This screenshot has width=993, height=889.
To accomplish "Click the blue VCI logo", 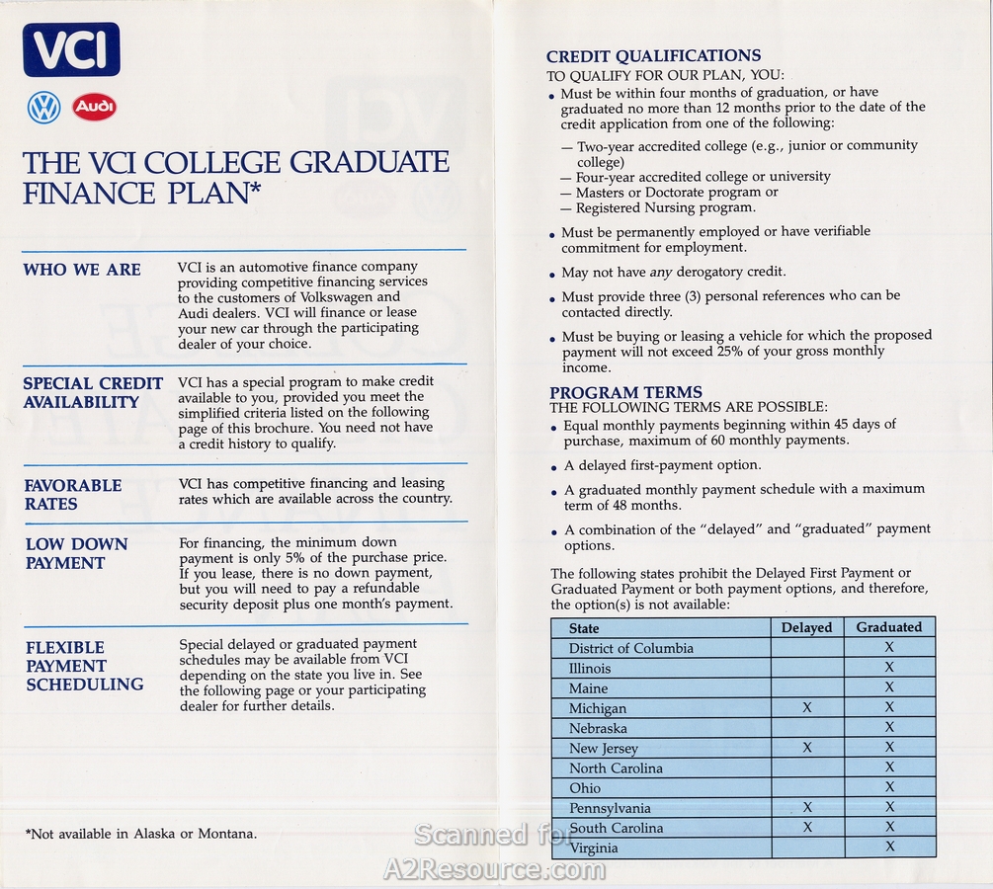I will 71,49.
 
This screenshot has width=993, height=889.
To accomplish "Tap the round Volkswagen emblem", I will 44,107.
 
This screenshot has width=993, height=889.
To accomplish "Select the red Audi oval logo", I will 94,107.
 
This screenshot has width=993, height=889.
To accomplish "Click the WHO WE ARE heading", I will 82,270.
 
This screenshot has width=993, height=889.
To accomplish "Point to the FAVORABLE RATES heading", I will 73,495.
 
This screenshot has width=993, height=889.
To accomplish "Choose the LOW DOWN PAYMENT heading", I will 76,553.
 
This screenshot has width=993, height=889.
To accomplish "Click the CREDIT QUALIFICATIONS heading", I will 653,56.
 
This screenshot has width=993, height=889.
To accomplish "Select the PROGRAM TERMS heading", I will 625,392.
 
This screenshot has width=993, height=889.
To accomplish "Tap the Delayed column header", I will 806,627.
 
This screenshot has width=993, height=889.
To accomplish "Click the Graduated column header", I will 888,627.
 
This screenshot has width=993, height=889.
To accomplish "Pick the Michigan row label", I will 597,708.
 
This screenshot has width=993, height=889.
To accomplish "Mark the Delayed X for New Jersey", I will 807,748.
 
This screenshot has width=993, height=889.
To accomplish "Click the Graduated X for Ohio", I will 889,787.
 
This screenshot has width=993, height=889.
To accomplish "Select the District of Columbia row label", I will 630,648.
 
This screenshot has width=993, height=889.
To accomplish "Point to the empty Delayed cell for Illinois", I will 806,668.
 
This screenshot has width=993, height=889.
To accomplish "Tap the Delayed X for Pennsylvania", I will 807,807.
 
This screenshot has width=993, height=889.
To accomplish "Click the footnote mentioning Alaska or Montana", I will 141,834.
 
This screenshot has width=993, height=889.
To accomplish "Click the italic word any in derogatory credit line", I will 661,272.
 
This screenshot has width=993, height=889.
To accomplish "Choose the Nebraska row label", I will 598,728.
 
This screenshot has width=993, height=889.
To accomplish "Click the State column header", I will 584,628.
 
